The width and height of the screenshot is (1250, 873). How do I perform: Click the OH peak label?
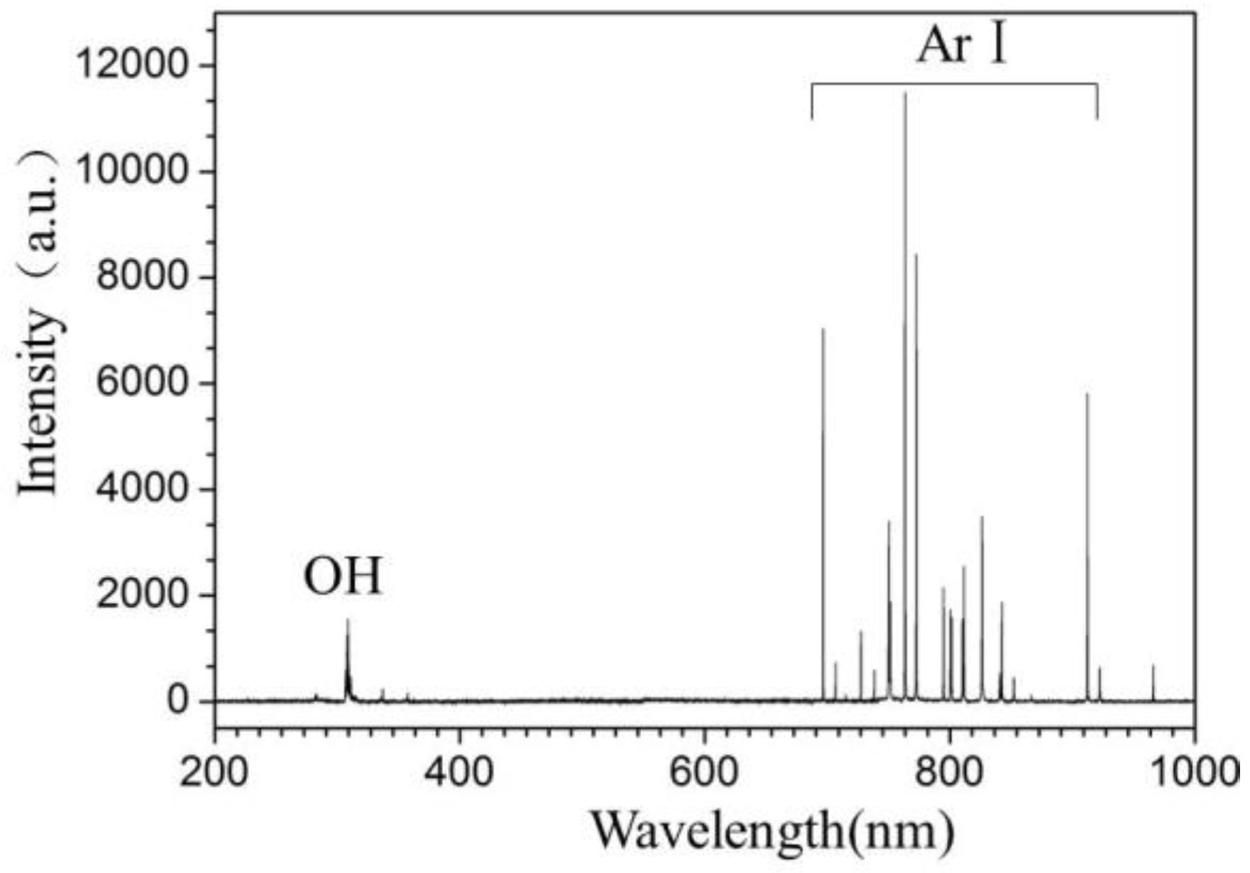[343, 577]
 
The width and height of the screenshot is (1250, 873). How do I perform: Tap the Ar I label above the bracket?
[962, 47]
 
